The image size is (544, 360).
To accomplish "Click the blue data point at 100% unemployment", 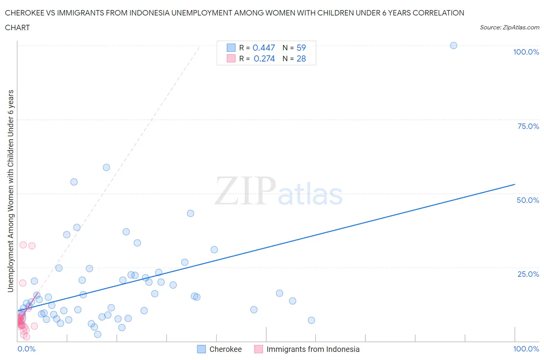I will [x=453, y=46].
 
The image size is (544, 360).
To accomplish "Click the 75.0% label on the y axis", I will [x=528, y=126].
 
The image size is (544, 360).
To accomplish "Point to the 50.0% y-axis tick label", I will [x=528, y=200].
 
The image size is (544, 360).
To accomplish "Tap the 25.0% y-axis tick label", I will [x=528, y=274].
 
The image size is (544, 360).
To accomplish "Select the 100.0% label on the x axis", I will [x=526, y=349].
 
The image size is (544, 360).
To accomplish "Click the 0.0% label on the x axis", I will [x=26, y=349].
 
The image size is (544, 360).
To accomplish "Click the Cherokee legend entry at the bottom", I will [x=225, y=349].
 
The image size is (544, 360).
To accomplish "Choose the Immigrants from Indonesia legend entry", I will [x=313, y=349].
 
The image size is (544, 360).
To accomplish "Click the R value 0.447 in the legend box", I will [x=263, y=48].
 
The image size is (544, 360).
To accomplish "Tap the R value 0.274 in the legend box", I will [x=264, y=58].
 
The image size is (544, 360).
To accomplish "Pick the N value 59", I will [x=301, y=48].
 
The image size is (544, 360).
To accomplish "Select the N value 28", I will [x=301, y=58].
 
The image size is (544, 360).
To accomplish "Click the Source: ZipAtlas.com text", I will [x=509, y=27].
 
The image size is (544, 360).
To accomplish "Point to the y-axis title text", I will [x=11, y=191].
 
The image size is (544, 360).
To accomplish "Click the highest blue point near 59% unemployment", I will [x=106, y=168].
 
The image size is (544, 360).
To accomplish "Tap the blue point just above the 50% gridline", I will [x=74, y=182].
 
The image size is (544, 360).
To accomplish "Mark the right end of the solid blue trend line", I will [x=515, y=184].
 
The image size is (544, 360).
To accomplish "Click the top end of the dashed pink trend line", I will [x=199, y=46].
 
